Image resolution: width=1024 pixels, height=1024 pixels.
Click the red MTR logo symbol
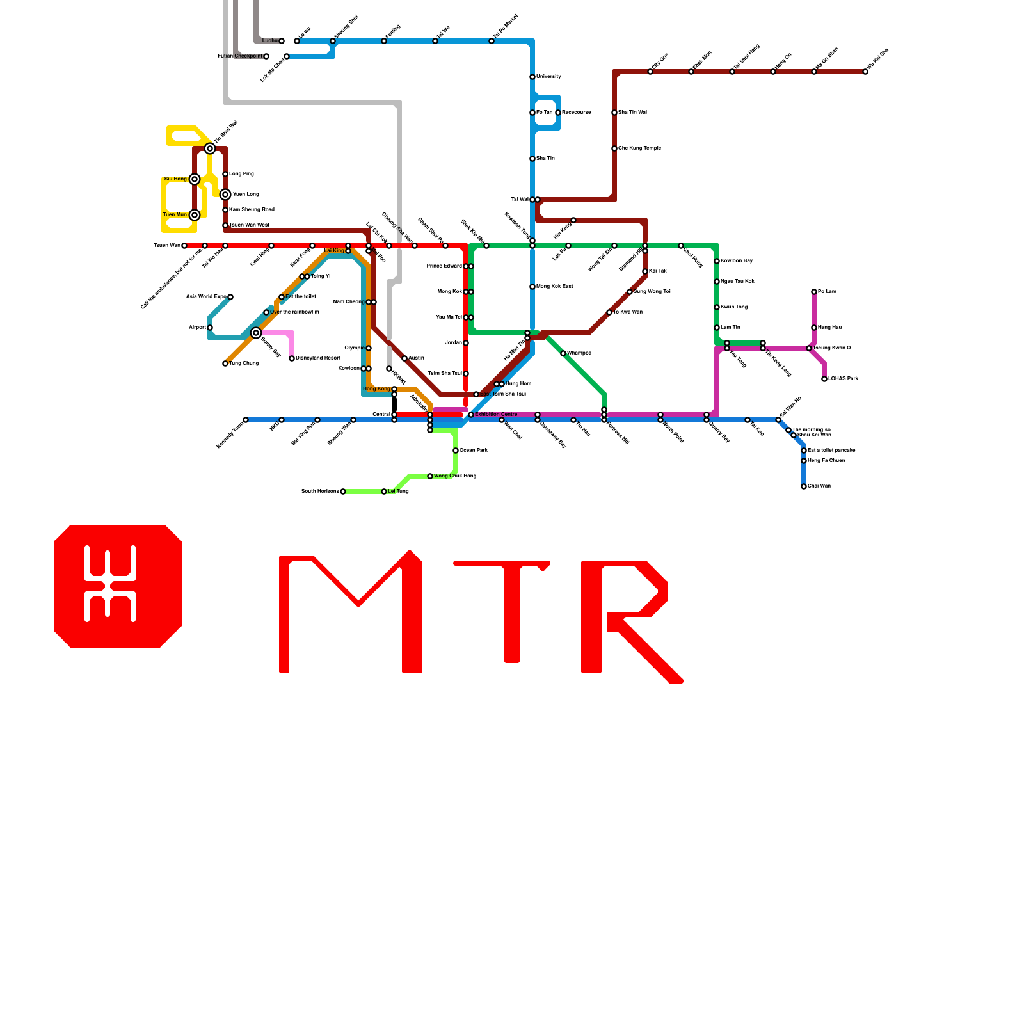point(118,586)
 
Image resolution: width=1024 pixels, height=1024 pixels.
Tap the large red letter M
point(350,612)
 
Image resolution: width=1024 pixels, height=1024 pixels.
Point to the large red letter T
point(506,608)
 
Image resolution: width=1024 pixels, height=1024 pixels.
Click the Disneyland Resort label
point(318,358)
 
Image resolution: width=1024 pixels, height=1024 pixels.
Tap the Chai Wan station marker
point(804,486)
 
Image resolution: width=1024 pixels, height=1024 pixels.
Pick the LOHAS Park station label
point(843,379)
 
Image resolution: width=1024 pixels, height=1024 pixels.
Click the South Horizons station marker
point(343,492)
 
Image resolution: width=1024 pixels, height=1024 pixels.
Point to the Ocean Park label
point(474,451)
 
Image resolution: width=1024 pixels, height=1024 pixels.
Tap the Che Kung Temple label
point(639,148)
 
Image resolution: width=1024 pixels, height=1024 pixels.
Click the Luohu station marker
point(282,41)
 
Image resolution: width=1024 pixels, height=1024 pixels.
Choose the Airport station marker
point(210,328)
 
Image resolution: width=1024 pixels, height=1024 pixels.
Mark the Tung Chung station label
point(244,364)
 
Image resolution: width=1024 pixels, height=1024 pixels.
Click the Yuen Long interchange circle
point(225,195)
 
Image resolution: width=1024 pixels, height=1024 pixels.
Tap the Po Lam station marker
point(814,292)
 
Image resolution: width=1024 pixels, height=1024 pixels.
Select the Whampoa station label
point(579,353)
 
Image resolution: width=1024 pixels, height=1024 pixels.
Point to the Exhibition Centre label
point(496,415)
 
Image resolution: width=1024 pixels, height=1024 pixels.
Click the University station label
point(548,77)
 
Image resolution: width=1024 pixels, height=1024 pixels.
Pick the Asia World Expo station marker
point(230,297)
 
